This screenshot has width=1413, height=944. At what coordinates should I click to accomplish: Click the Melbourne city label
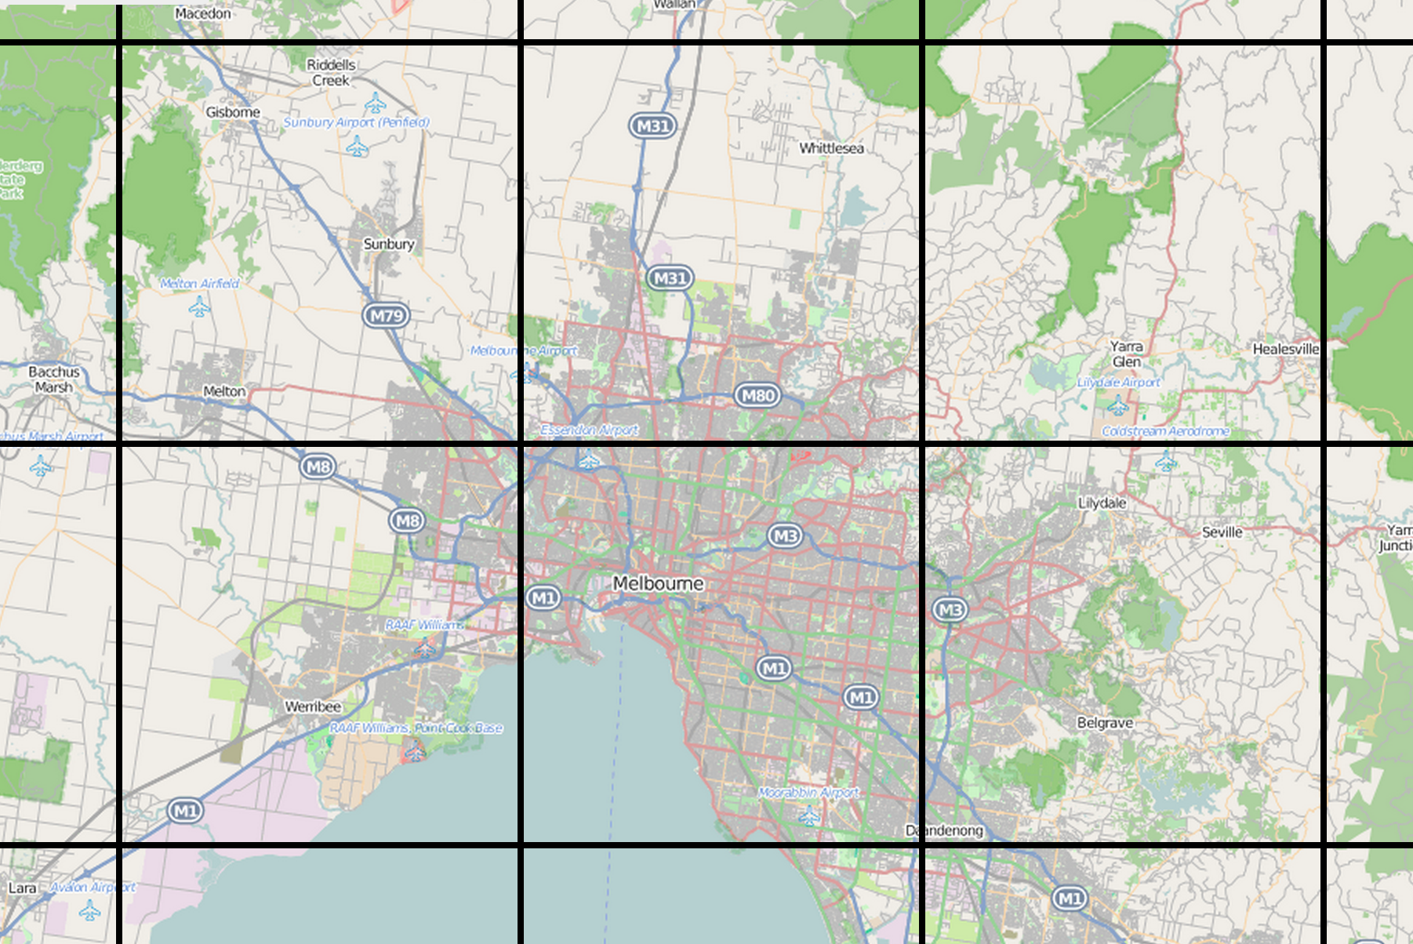(658, 583)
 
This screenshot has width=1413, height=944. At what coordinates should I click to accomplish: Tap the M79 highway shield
(387, 316)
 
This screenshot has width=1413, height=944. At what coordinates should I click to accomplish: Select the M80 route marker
(757, 395)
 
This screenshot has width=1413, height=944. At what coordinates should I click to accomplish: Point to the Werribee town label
(312, 706)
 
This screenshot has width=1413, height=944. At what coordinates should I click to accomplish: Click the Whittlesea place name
(831, 148)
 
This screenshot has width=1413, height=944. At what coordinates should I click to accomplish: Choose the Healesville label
(1285, 349)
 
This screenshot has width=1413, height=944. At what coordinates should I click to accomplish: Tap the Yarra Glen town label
(1126, 354)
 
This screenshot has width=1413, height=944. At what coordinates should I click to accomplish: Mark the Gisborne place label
(233, 112)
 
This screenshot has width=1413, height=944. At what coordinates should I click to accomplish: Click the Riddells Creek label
(331, 72)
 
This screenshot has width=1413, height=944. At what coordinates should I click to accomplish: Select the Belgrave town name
(1105, 723)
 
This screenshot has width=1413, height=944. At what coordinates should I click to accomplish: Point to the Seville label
(1222, 532)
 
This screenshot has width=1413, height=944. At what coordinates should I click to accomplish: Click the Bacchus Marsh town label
(53, 379)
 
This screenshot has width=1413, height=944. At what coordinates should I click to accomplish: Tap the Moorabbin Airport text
(808, 793)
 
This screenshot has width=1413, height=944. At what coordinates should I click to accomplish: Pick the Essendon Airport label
(589, 430)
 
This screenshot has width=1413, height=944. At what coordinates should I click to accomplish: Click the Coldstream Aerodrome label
(1165, 431)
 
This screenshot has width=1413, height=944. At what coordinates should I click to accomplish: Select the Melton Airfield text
(199, 284)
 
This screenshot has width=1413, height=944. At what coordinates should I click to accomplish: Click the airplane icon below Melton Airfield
(199, 307)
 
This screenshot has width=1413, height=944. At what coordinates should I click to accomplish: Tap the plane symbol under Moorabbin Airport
(808, 817)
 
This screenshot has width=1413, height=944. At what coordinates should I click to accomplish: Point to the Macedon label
(203, 13)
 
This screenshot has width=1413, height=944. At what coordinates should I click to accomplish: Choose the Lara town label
(22, 888)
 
